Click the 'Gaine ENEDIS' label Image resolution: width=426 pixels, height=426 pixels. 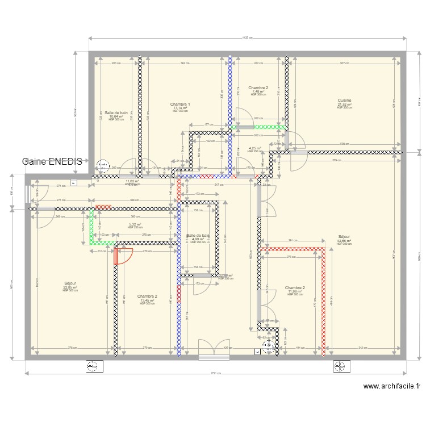tap(52, 161)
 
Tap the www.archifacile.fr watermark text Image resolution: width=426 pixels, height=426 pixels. tap(391, 387)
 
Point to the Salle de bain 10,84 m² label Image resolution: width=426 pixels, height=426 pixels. tap(116, 115)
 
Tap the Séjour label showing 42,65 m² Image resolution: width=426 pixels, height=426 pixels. tap(344, 239)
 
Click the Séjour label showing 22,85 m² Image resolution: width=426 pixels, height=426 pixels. tap(70, 285)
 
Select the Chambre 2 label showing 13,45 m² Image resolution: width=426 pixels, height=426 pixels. tap(147, 299)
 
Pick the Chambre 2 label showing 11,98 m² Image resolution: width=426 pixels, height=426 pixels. tap(295, 290)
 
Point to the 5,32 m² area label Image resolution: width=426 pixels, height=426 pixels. tap(135, 225)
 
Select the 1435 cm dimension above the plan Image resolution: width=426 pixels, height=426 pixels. tap(247, 38)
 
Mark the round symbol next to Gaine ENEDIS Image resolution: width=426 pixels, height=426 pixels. tap(103, 165)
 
